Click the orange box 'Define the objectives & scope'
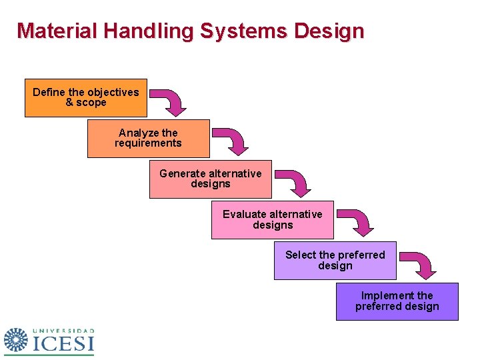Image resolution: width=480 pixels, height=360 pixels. (86, 98)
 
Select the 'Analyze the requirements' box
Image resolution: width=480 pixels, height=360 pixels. (148, 139)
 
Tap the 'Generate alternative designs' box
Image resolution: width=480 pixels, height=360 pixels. (210, 179)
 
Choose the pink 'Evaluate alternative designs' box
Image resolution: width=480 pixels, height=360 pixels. (272, 220)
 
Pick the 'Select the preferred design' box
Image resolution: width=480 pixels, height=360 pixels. (335, 261)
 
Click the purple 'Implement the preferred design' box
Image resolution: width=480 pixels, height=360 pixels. (397, 301)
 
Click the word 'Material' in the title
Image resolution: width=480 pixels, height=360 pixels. (51, 31)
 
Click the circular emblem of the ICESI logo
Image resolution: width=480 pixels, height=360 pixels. (16, 341)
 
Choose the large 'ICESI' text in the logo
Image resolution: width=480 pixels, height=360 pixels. (63, 344)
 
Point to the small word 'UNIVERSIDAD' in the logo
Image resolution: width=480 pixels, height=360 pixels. (63, 331)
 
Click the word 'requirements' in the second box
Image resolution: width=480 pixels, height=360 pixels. (148, 143)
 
